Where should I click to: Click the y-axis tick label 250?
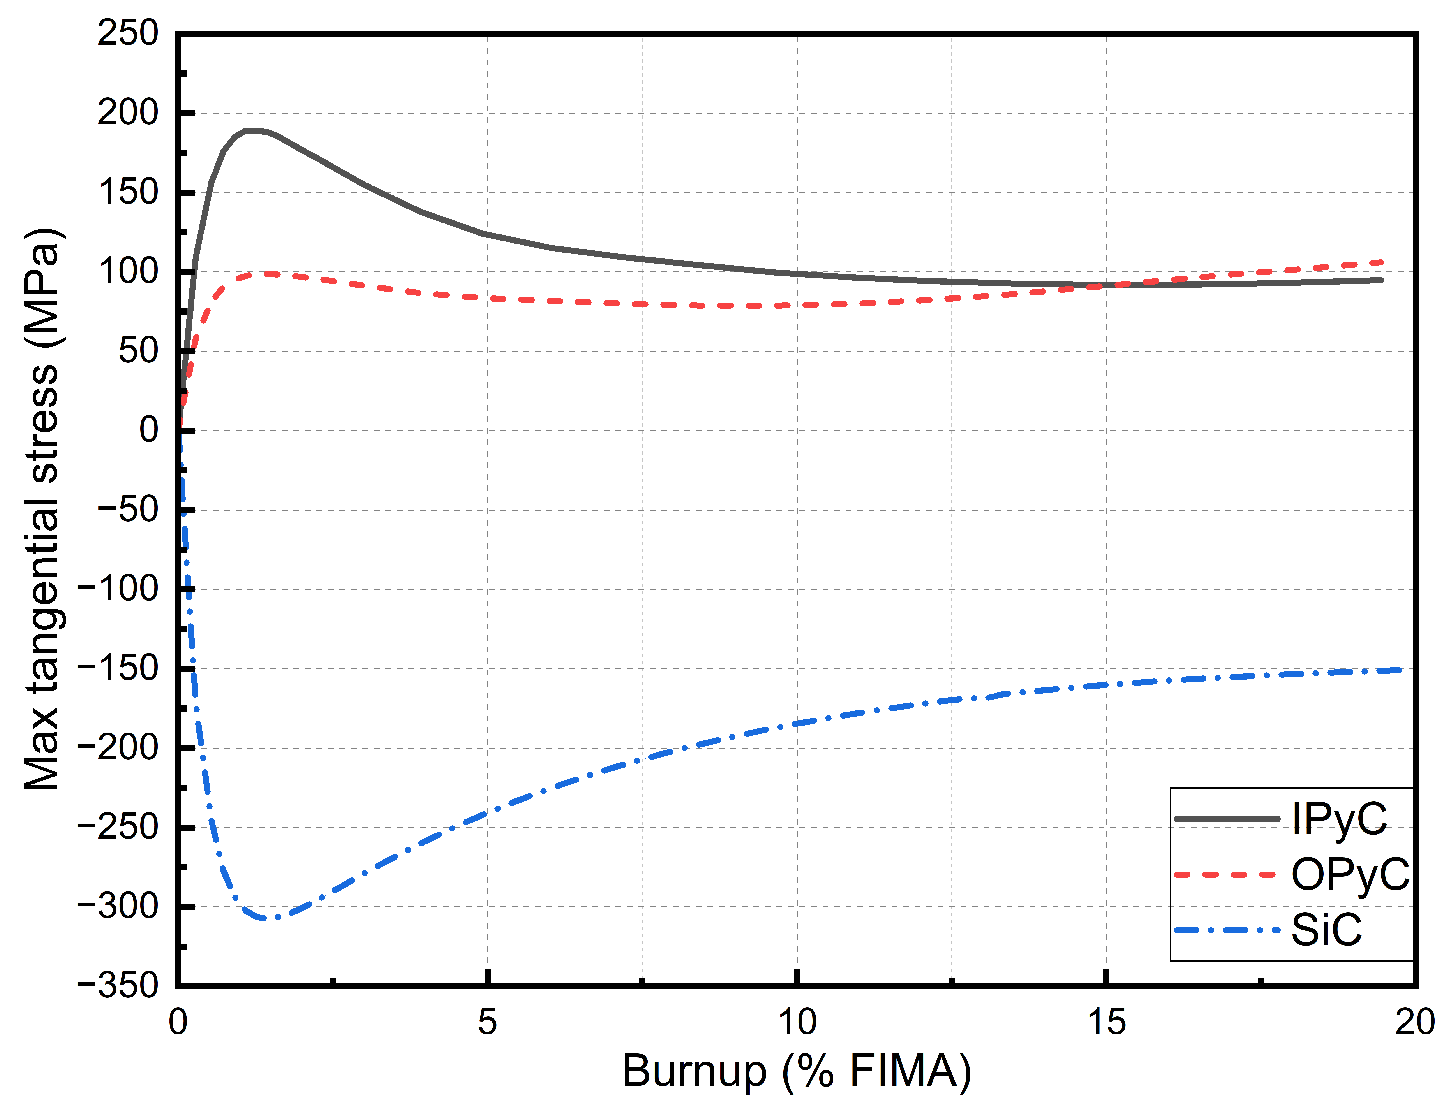tap(128, 33)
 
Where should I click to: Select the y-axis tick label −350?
tap(118, 985)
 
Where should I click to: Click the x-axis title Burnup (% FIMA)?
tap(797, 1071)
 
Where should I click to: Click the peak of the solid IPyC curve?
tap(251, 130)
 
